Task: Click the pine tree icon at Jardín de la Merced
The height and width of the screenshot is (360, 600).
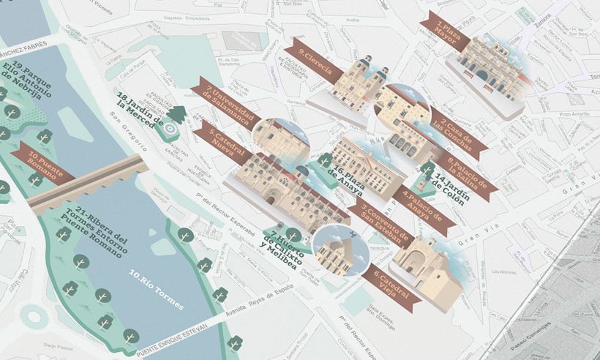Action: tap(176, 114)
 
